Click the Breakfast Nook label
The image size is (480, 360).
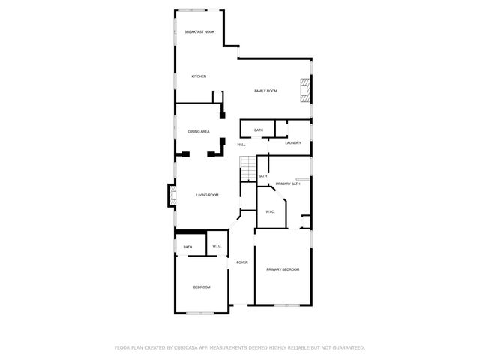tap(199, 31)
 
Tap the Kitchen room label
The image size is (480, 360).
tap(199, 76)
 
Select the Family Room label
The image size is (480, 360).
tap(265, 91)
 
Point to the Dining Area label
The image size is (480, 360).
tap(199, 131)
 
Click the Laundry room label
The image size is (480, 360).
tap(293, 143)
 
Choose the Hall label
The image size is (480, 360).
tap(241, 145)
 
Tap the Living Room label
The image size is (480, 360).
tap(208, 195)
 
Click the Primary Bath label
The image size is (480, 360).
tap(288, 184)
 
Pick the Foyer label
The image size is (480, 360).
tap(242, 262)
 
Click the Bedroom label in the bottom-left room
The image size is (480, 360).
tap(202, 287)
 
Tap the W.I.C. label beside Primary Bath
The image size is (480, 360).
tap(271, 212)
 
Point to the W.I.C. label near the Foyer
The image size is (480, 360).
tap(217, 246)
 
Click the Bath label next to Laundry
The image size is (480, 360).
tap(259, 130)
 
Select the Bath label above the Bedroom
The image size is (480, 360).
tap(187, 247)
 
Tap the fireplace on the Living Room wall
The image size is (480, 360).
tap(171, 197)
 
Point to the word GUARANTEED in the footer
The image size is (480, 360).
tap(346, 347)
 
